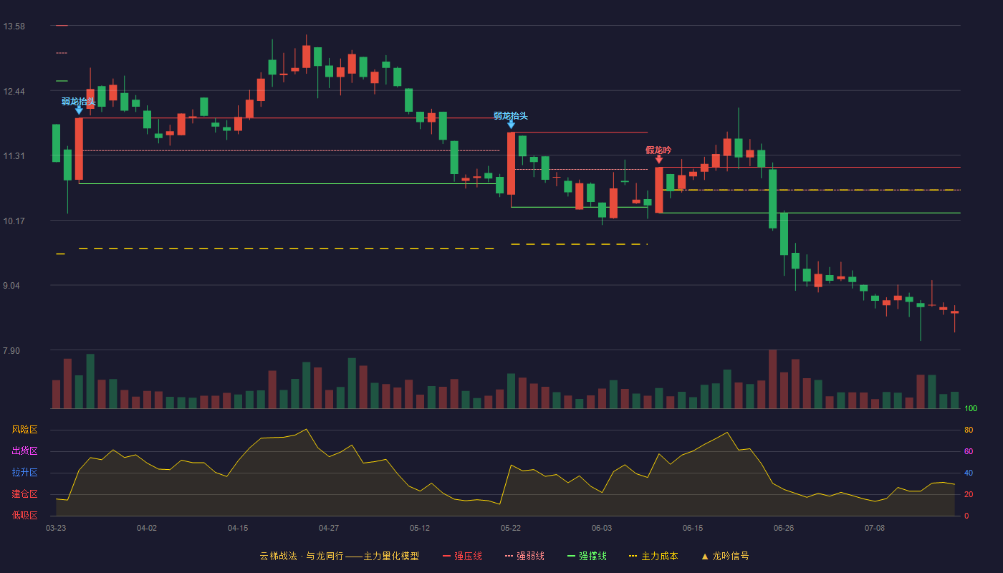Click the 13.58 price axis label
pos(14,27)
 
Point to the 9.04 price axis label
pos(11,286)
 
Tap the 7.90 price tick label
pos(11,350)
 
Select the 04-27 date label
pos(329,529)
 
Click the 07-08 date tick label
pos(875,529)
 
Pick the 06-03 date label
pos(601,529)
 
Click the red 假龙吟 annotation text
pos(658,150)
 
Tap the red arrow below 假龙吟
pos(658,159)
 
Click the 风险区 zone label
pos(24,430)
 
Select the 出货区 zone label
pos(24,451)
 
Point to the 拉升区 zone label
pos(24,472)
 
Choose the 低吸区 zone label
pos(24,515)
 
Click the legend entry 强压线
pos(462,556)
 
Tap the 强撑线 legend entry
pos(587,556)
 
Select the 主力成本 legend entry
pos(653,556)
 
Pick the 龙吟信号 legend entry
pos(725,556)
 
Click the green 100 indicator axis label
pos(971,408)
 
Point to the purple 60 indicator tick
pos(969,451)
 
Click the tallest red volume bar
pos(772,379)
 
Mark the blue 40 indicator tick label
pos(969,473)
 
